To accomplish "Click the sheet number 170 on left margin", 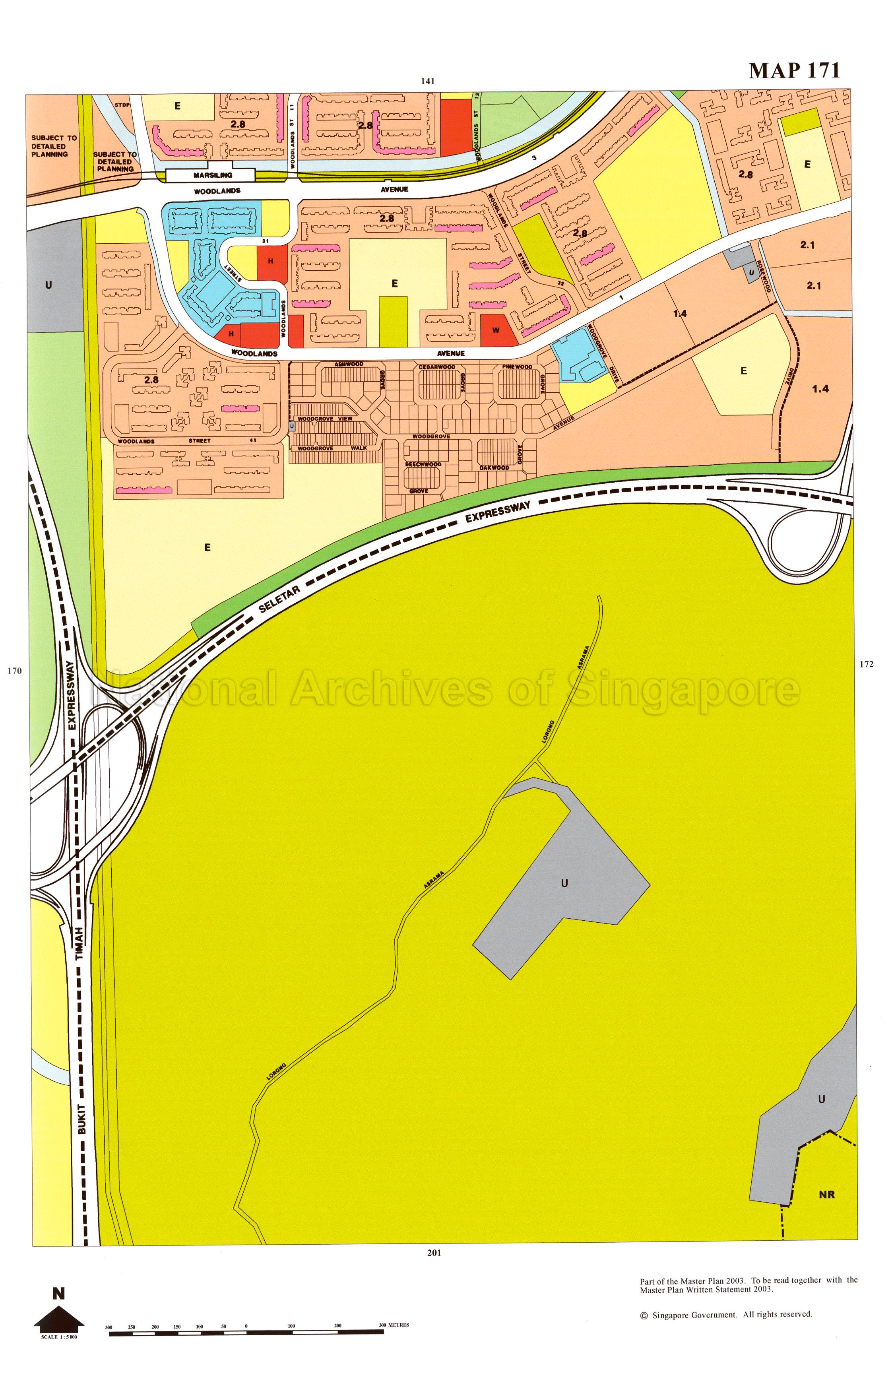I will click(x=14, y=671).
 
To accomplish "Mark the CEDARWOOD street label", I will click(x=437, y=367).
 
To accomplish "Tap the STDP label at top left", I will click(x=121, y=105).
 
